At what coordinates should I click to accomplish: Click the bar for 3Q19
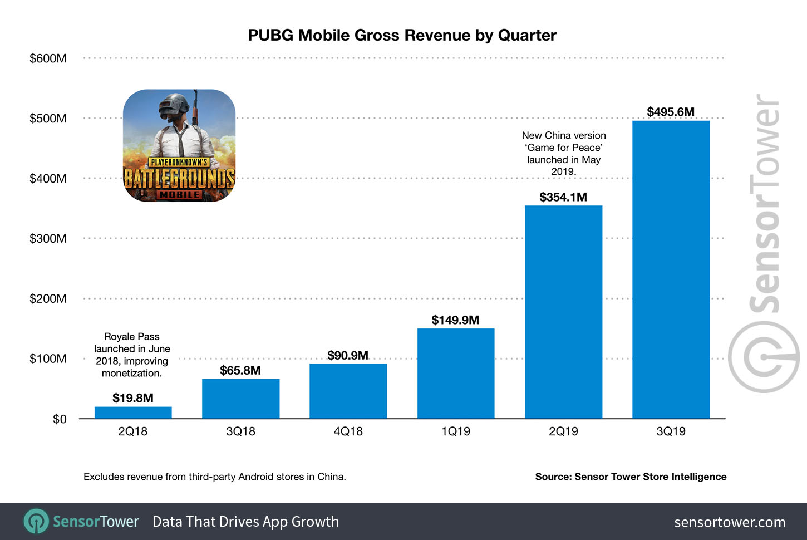[x=671, y=269]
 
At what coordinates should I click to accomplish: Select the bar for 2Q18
[x=133, y=413]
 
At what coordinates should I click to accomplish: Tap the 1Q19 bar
[x=456, y=374]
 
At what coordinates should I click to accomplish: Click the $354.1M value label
[x=563, y=197]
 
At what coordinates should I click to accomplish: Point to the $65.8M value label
[x=240, y=370]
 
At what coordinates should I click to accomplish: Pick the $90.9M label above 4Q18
[x=348, y=355]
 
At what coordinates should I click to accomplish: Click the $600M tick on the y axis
[x=48, y=58]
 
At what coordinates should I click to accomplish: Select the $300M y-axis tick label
[x=48, y=239]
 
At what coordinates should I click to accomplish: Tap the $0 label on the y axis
[x=59, y=419]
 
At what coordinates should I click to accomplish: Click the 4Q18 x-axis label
[x=348, y=431]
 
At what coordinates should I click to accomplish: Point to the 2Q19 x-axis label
[x=563, y=431]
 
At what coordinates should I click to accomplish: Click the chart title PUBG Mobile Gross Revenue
[x=402, y=35]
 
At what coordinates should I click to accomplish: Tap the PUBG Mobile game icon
[x=179, y=146]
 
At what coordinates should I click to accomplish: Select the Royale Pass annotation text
[x=132, y=355]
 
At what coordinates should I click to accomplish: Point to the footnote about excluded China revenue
[x=214, y=477]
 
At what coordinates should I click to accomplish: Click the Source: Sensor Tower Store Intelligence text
[x=631, y=477]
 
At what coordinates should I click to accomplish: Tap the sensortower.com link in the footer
[x=730, y=522]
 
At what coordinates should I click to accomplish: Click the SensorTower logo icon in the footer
[x=36, y=522]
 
